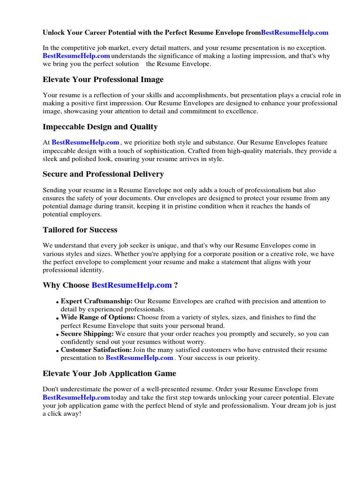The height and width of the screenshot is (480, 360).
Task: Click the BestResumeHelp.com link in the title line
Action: click(x=294, y=33)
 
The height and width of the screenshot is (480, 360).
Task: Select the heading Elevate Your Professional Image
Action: click(x=103, y=80)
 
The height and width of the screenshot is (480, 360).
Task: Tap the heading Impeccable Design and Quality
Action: click(x=100, y=127)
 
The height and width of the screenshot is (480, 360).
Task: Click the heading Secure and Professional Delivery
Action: click(x=103, y=174)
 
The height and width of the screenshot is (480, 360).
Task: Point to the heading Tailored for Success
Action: click(x=80, y=230)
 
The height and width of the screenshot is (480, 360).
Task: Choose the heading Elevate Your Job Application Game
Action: click(x=109, y=374)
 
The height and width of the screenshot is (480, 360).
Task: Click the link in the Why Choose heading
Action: click(x=132, y=285)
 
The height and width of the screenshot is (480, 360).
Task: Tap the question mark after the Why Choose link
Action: click(x=176, y=285)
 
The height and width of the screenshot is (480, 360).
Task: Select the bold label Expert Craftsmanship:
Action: click(x=97, y=301)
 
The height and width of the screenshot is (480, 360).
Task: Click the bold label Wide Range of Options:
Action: click(x=98, y=317)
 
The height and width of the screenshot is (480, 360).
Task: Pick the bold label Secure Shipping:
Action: click(x=87, y=334)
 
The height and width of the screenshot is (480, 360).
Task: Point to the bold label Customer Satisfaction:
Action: click(x=96, y=350)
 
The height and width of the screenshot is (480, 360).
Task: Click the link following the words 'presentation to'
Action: click(x=139, y=358)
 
